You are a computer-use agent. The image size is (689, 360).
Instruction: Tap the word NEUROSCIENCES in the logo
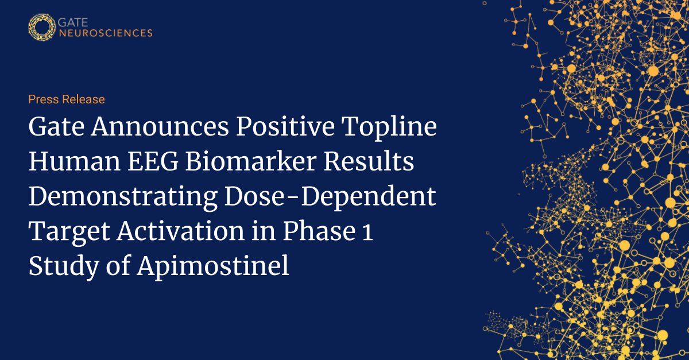106,33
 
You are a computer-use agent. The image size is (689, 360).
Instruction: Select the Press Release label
67,99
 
